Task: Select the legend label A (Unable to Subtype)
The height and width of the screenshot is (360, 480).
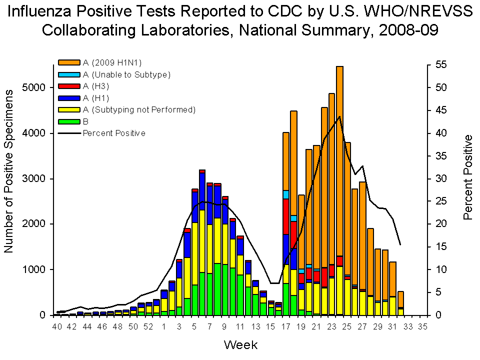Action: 127,74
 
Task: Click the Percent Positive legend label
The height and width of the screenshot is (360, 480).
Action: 114,133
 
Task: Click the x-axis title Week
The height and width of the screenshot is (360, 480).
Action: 240,344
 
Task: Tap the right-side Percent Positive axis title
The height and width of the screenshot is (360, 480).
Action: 467,177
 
